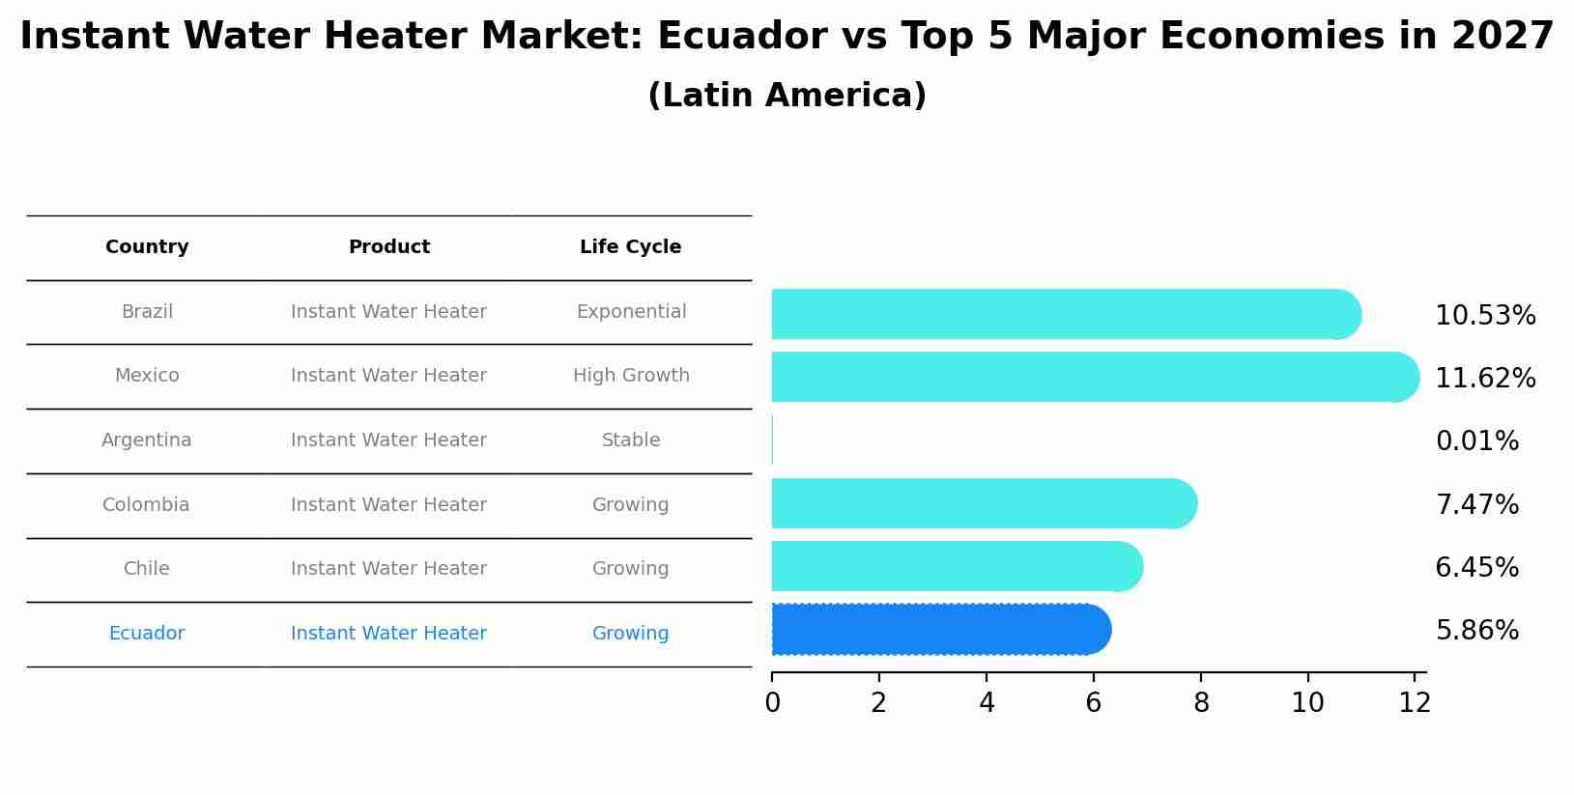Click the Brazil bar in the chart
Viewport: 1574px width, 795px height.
click(x=1063, y=314)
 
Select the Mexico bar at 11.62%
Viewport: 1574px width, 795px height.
click(x=1092, y=377)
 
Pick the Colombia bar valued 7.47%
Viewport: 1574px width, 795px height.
click(x=982, y=503)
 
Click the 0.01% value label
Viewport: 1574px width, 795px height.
click(x=1476, y=441)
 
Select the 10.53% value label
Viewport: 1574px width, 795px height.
click(x=1484, y=316)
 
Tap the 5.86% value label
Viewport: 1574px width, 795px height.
click(x=1476, y=631)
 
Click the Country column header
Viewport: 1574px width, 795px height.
click(x=147, y=247)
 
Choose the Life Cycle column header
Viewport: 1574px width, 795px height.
click(x=630, y=247)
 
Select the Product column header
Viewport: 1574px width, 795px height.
click(x=388, y=247)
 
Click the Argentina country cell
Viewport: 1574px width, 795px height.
click(x=147, y=440)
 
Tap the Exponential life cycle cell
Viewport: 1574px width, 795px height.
click(x=631, y=312)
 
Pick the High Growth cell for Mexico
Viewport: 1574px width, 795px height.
click(x=631, y=376)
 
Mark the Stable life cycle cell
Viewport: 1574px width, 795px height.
click(x=631, y=440)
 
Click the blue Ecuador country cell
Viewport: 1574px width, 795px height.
click(x=147, y=634)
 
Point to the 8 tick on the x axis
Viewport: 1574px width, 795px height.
click(x=1200, y=702)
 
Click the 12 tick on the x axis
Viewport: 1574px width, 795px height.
click(x=1414, y=702)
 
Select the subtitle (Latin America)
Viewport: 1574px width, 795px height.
click(x=787, y=96)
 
